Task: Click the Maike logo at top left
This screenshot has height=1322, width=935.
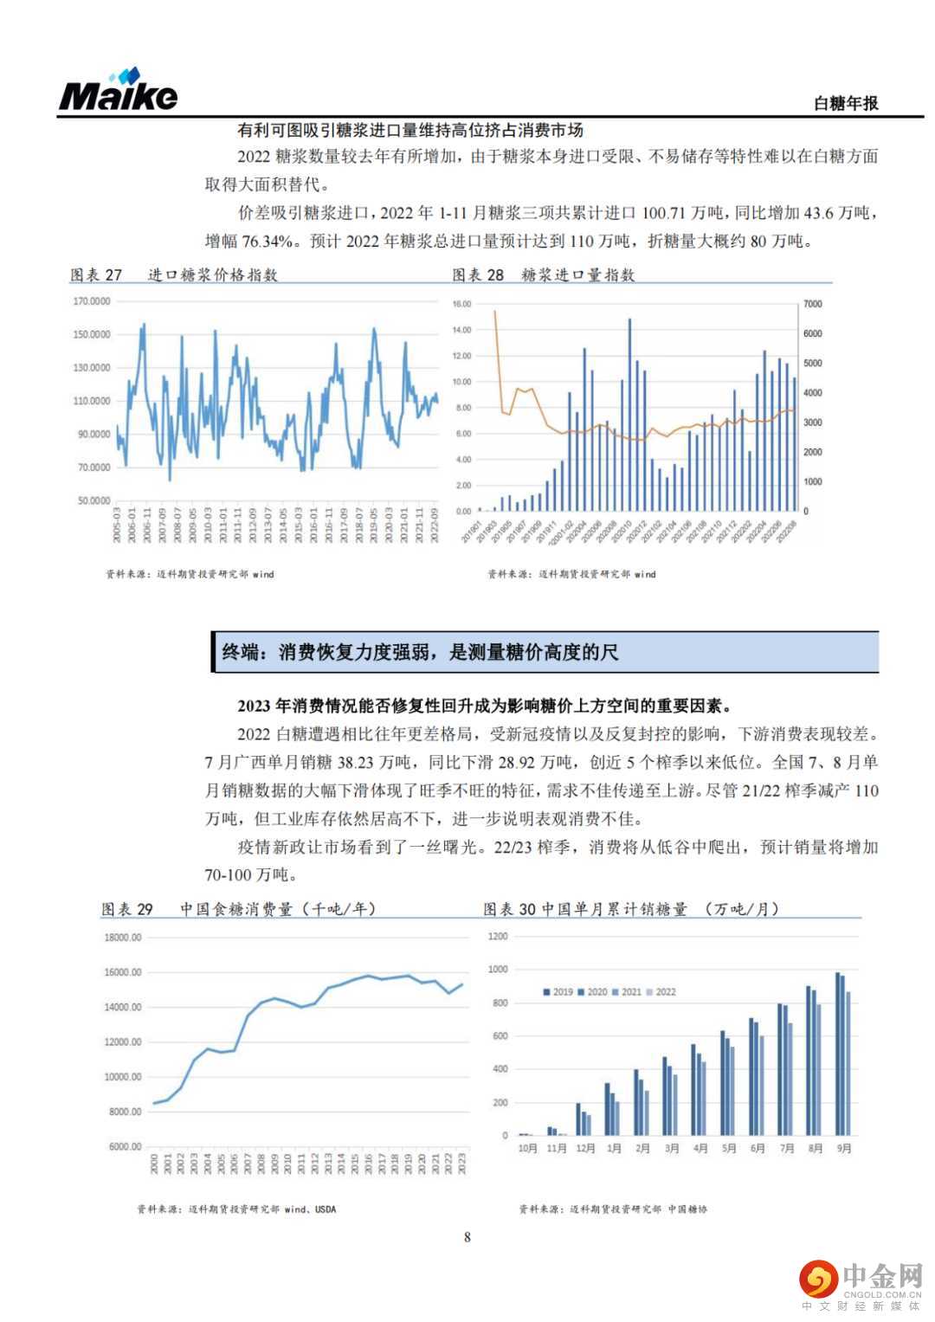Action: (x=118, y=90)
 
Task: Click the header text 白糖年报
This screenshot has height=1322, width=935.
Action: (x=846, y=103)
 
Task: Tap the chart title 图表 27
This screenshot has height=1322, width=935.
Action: (x=96, y=275)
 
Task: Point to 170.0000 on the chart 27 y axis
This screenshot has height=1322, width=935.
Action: (x=92, y=301)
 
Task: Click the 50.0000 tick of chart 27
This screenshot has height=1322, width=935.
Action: (x=93, y=501)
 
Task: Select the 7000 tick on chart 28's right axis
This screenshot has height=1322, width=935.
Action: (x=812, y=305)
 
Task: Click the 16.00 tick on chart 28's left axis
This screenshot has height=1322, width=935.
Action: (x=461, y=305)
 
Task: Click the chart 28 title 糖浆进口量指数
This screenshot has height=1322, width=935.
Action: (x=577, y=275)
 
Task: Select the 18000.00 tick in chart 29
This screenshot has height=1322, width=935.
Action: (x=122, y=938)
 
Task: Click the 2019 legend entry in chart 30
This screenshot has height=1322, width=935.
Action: (x=558, y=992)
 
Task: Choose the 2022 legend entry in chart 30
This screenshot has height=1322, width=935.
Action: (x=661, y=992)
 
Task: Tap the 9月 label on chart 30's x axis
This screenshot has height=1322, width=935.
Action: (x=844, y=1149)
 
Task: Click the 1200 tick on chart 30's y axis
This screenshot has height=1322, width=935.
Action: (x=498, y=937)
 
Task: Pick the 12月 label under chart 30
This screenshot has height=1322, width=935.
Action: (x=585, y=1149)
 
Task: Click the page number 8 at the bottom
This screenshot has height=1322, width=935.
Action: (x=467, y=1237)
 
